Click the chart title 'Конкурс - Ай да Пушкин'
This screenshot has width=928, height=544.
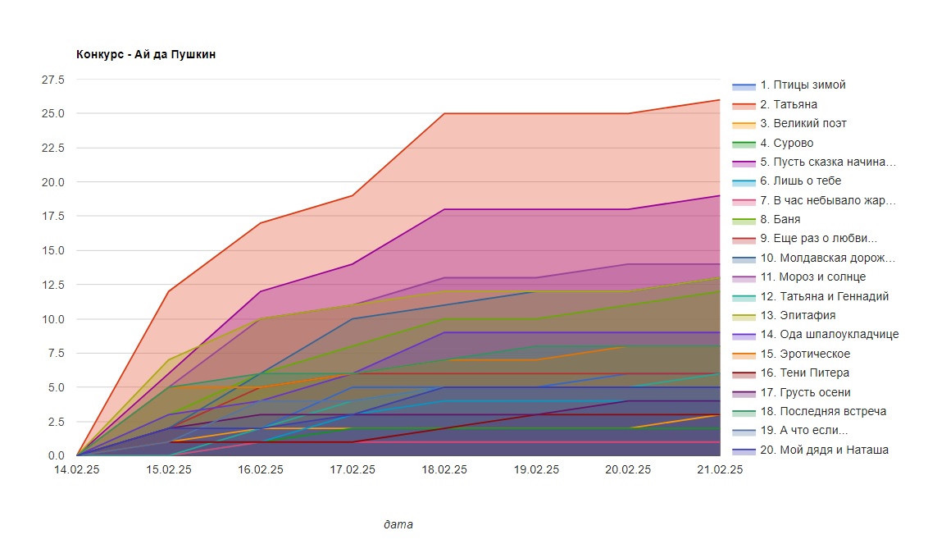point(146,54)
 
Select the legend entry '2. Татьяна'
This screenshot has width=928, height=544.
point(788,104)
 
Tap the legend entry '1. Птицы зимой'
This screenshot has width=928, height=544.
point(803,85)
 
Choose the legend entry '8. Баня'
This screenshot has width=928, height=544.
point(780,220)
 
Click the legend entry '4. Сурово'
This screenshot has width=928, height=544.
point(786,143)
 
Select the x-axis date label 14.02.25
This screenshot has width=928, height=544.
point(77,469)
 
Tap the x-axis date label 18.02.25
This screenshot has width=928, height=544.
point(444,469)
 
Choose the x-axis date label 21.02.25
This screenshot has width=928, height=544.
point(720,469)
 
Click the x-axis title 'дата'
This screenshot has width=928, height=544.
point(398,523)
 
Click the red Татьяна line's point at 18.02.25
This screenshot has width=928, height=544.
point(444,113)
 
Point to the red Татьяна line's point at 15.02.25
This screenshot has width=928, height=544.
point(169,291)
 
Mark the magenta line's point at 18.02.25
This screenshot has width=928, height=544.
point(444,209)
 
